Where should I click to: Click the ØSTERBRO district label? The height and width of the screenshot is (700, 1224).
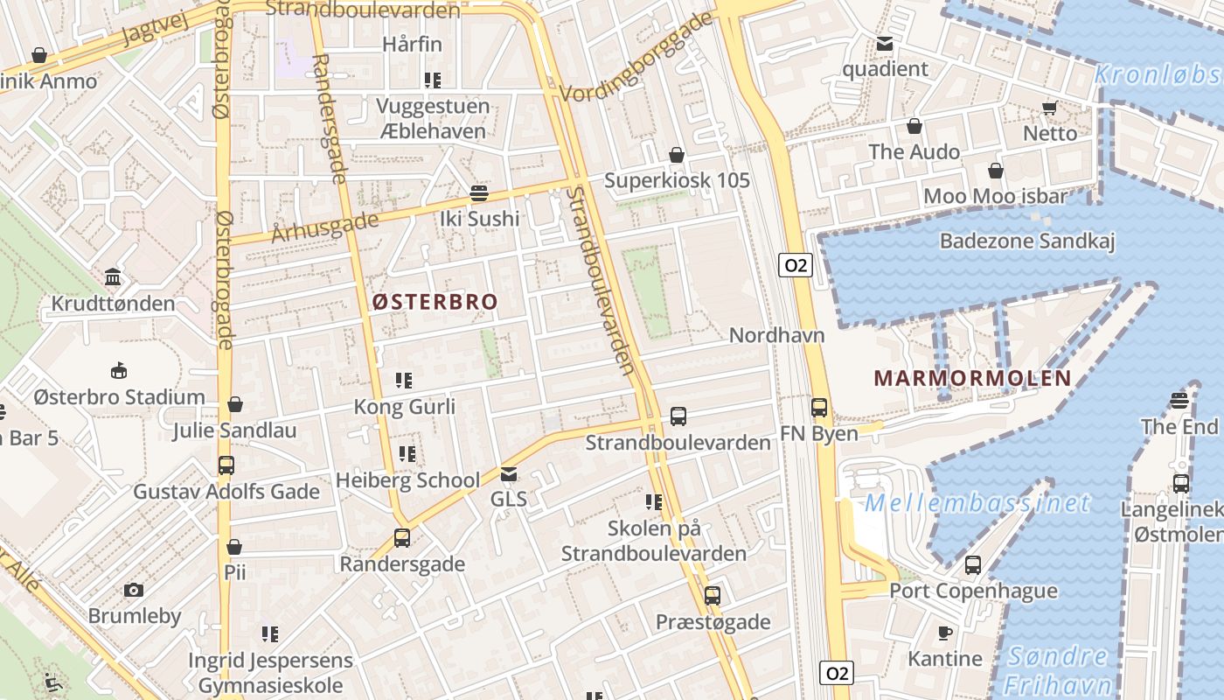pyautogui.click(x=435, y=302)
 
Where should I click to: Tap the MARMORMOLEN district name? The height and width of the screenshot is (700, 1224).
pyautogui.click(x=972, y=378)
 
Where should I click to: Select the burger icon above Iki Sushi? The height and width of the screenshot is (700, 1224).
pyautogui.click(x=478, y=192)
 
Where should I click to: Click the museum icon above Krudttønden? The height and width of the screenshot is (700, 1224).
pyautogui.click(x=113, y=278)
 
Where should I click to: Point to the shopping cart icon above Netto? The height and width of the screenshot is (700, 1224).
pyautogui.click(x=1049, y=108)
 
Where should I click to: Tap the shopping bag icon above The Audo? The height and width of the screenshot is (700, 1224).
pyautogui.click(x=915, y=127)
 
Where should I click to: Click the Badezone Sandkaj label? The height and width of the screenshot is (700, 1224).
pyautogui.click(x=1027, y=241)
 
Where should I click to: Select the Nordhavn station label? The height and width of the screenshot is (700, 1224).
pyautogui.click(x=776, y=335)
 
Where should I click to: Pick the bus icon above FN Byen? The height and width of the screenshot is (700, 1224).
pyautogui.click(x=818, y=407)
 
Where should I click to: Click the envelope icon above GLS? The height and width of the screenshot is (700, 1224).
pyautogui.click(x=509, y=474)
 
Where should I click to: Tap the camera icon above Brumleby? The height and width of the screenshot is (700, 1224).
pyautogui.click(x=134, y=591)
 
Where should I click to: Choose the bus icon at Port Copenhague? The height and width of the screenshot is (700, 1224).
pyautogui.click(x=973, y=565)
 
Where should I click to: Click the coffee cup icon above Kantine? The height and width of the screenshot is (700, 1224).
pyautogui.click(x=944, y=633)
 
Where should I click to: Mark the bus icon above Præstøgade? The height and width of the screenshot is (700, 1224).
pyautogui.click(x=713, y=596)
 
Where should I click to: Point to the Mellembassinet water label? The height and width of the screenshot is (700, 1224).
pyautogui.click(x=977, y=503)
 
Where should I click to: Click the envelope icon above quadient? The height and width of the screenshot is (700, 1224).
pyautogui.click(x=885, y=44)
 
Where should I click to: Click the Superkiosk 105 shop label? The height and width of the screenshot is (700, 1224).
pyautogui.click(x=678, y=180)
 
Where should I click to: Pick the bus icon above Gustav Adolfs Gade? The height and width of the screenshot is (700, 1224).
pyautogui.click(x=226, y=465)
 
